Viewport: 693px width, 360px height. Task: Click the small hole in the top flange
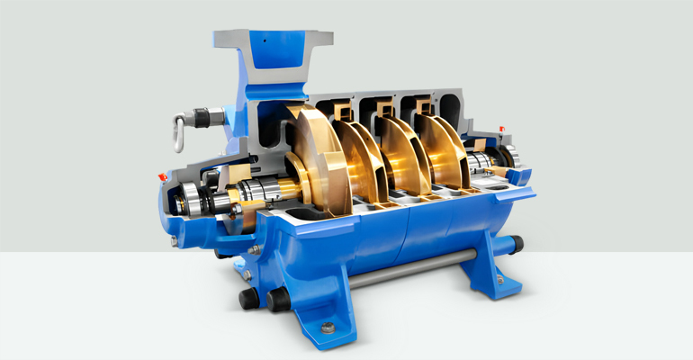[265, 41]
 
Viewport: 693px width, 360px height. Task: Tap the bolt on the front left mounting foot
[327, 327]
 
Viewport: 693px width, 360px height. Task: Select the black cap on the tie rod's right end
[517, 243]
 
